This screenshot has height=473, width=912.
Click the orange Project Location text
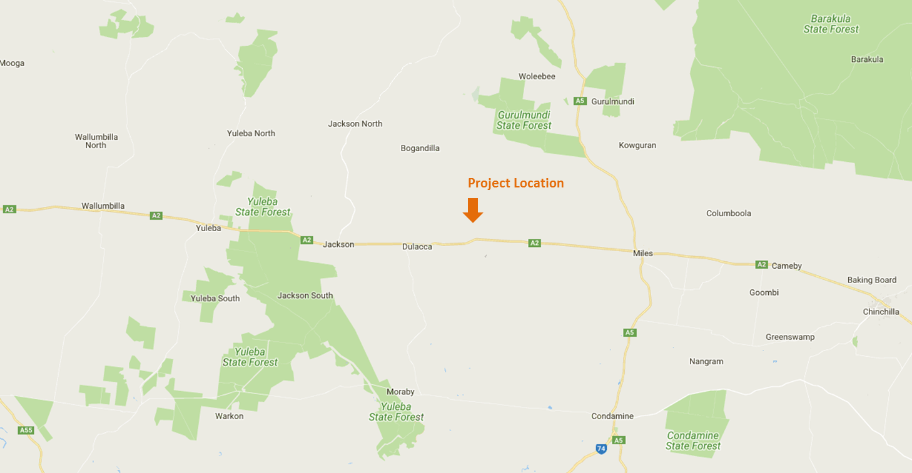pyautogui.click(x=515, y=183)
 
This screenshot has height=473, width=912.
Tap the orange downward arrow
pyautogui.click(x=473, y=210)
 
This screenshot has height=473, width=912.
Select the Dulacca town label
pyautogui.click(x=417, y=247)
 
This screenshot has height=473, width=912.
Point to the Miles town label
pyautogui.click(x=642, y=253)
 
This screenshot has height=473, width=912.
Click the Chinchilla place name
pyautogui.click(x=881, y=312)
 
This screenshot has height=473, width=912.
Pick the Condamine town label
pyautogui.click(x=612, y=416)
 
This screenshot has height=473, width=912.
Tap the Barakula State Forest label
pyautogui.click(x=831, y=24)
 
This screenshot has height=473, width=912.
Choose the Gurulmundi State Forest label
pyautogui.click(x=524, y=120)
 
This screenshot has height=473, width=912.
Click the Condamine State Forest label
pyautogui.click(x=692, y=441)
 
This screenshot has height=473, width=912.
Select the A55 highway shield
pyautogui.click(x=26, y=430)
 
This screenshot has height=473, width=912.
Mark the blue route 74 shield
pyautogui.click(x=601, y=449)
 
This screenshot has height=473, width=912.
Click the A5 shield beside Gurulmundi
pyautogui.click(x=580, y=101)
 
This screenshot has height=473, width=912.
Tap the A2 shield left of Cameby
pyautogui.click(x=761, y=264)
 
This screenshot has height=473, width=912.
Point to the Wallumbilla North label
pyautogui.click(x=96, y=141)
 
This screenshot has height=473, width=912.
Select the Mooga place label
pyautogui.click(x=13, y=63)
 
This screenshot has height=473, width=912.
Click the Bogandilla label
pyautogui.click(x=420, y=148)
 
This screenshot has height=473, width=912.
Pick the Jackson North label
pyautogui.click(x=355, y=124)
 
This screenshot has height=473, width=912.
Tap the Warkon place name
pyautogui.click(x=229, y=416)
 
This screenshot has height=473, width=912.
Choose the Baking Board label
pyautogui.click(x=871, y=280)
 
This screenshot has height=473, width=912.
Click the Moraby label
pyautogui.click(x=400, y=392)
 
